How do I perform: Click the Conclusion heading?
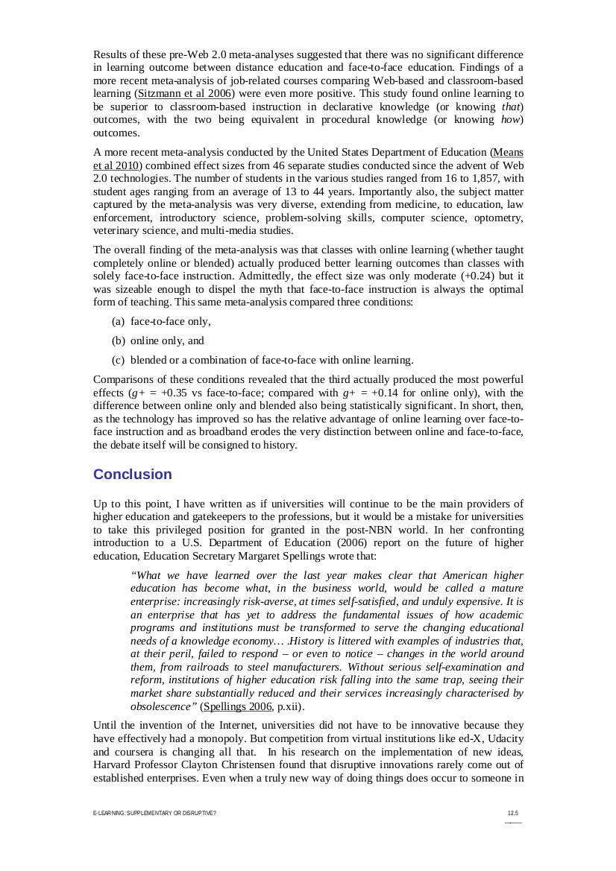132,475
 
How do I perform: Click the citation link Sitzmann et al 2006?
185,94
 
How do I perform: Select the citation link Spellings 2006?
238,706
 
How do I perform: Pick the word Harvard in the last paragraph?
115,765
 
